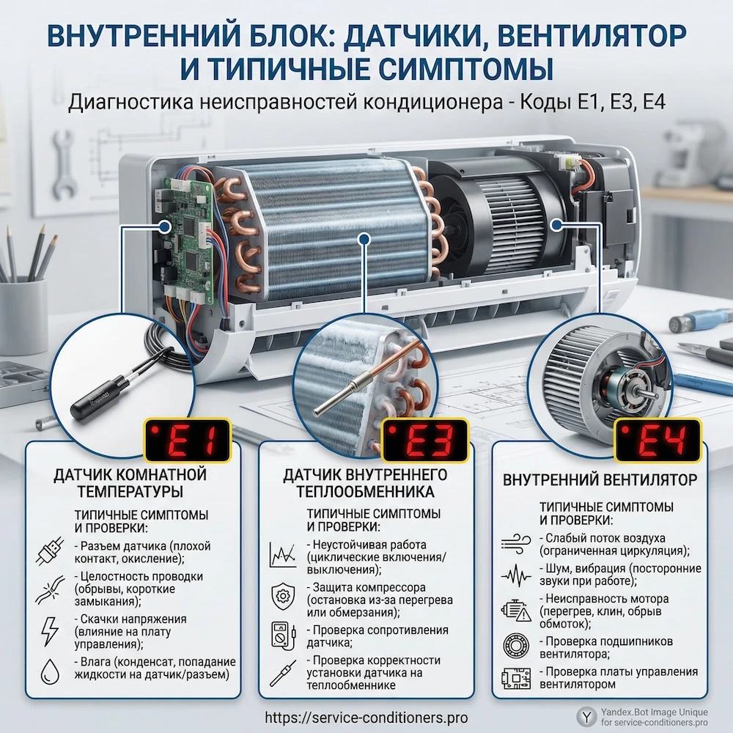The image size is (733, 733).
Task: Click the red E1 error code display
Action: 188,441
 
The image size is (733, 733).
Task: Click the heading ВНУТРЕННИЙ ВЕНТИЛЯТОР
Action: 600,480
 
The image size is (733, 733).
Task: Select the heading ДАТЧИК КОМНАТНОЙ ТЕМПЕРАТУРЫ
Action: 130,483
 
